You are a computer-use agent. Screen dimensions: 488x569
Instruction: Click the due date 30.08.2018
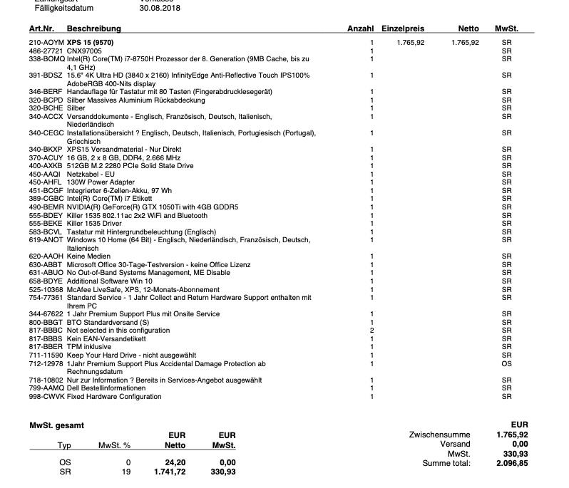[x=160, y=9]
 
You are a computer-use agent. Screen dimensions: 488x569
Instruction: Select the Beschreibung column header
[x=94, y=28]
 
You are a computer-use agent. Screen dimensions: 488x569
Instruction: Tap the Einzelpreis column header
[x=403, y=28]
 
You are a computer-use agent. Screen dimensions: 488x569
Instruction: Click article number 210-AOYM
[x=46, y=43]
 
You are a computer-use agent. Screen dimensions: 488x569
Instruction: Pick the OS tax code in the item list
[x=506, y=363]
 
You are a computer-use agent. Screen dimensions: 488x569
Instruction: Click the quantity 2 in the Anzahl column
[x=371, y=331]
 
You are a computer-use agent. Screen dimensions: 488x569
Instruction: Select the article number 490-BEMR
[x=46, y=207]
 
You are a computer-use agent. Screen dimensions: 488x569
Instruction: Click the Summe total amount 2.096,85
[x=512, y=463]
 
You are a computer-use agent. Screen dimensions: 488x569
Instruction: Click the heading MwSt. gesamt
[x=56, y=425]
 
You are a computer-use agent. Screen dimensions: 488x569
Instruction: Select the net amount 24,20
[x=175, y=462]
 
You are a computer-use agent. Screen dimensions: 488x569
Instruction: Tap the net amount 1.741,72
[x=170, y=472]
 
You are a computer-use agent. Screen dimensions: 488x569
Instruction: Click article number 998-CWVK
[x=46, y=397]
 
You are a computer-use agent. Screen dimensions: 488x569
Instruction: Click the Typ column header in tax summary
[x=64, y=445]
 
